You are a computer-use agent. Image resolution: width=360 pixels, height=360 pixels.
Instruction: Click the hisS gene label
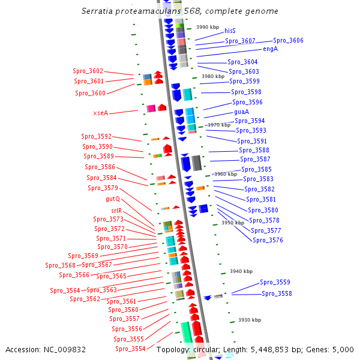(x=230, y=31)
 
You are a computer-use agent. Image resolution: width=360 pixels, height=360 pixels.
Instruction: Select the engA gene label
(x=270, y=49)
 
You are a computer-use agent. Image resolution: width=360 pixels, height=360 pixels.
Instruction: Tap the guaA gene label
(x=242, y=112)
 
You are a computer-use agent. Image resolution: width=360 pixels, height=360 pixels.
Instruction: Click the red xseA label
(x=101, y=113)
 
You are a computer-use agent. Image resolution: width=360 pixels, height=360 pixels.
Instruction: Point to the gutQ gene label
(x=113, y=199)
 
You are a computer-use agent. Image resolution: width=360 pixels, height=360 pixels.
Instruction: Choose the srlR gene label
(x=116, y=211)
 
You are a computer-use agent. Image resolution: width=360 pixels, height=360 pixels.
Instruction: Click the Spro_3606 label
(x=288, y=40)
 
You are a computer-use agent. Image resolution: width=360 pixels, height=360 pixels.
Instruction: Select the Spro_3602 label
(x=88, y=71)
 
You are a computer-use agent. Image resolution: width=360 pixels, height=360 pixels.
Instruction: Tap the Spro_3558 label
(x=277, y=293)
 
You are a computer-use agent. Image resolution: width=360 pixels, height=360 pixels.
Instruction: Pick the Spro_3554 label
(x=130, y=349)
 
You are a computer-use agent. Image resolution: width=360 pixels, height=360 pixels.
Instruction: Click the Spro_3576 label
(x=268, y=240)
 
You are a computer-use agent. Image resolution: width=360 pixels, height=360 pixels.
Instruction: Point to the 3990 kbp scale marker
(x=208, y=27)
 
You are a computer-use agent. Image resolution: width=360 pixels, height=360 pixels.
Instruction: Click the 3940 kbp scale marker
(x=241, y=271)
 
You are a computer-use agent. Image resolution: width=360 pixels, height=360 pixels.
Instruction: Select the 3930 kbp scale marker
(x=250, y=320)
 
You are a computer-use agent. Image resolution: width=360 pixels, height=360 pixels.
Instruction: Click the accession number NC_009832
(x=65, y=350)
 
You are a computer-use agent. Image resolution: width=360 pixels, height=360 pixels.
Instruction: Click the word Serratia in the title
(x=97, y=11)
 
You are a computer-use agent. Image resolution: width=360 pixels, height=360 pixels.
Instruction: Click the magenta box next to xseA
(x=151, y=109)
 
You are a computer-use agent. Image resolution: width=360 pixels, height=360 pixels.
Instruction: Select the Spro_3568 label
(x=60, y=265)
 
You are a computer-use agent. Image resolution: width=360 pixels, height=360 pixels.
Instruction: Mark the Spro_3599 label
(x=244, y=81)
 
